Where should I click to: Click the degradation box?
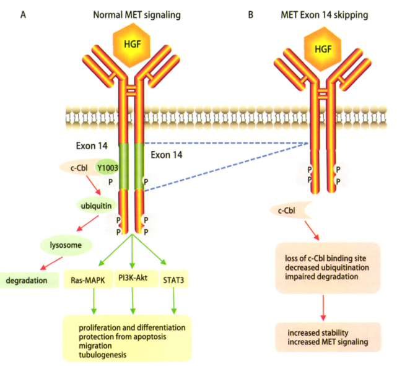(x=28, y=281)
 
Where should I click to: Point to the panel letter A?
(x=23, y=14)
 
